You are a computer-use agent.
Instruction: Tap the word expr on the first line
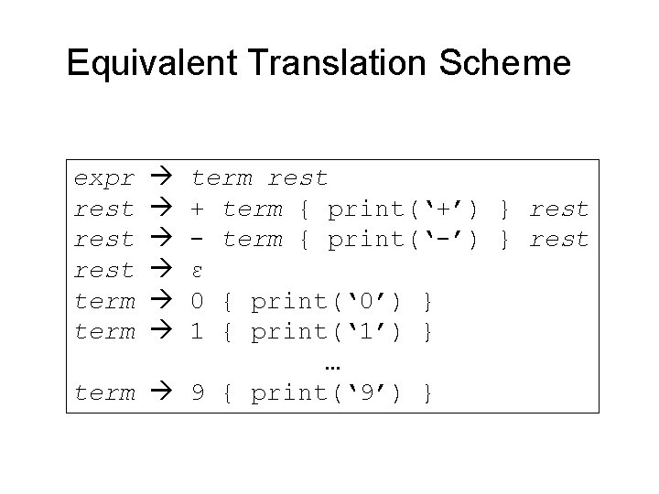pos(103,177)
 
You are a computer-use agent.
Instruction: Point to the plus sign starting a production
pos(197,209)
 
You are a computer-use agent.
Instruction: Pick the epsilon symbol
pos(197,272)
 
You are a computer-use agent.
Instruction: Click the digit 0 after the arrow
pos(197,301)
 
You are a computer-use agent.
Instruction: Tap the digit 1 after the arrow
pos(197,331)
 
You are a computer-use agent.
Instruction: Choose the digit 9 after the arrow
pos(197,393)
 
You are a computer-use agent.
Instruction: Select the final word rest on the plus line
pos(558,209)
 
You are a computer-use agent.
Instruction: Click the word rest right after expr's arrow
pos(298,177)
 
